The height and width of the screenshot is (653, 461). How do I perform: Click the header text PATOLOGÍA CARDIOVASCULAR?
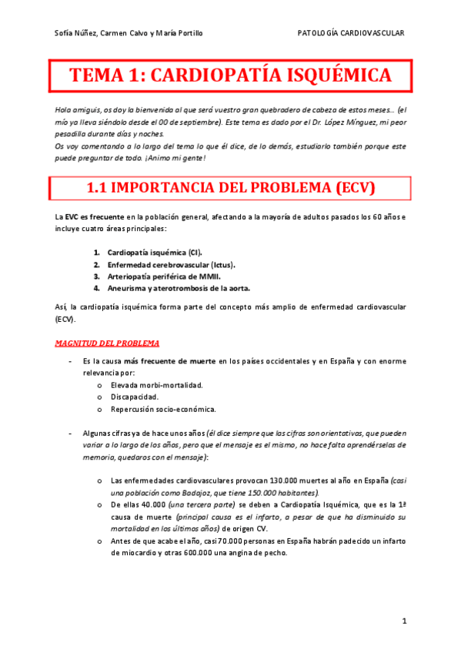tap(351, 33)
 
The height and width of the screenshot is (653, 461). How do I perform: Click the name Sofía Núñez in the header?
tap(75, 33)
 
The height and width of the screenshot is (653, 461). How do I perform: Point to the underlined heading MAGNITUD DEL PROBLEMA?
tap(108, 343)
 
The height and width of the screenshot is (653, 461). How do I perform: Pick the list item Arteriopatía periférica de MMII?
tap(162, 276)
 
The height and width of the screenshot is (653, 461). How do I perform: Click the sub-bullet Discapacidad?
tap(135, 397)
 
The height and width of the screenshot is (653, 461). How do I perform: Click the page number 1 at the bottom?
tap(404, 621)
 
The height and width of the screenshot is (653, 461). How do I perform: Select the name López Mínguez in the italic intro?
tap(346, 123)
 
